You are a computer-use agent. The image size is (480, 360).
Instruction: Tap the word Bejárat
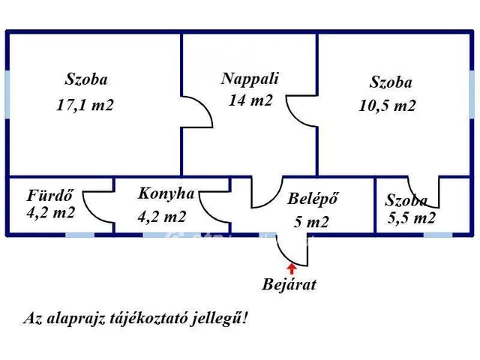(x=289, y=285)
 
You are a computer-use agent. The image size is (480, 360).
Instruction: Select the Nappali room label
(x=250, y=78)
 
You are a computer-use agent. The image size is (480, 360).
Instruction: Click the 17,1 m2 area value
(x=85, y=105)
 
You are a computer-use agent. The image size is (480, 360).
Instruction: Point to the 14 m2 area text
(x=250, y=100)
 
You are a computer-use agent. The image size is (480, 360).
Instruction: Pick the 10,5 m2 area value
(x=387, y=106)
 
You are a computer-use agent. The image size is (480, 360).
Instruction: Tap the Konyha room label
(x=166, y=193)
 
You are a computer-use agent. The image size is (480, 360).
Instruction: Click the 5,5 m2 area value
(x=412, y=218)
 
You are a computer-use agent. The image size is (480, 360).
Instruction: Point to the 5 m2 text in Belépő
(x=312, y=222)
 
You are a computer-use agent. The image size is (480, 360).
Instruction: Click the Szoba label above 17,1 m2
(x=86, y=79)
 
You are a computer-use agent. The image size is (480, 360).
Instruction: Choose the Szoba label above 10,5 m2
(x=391, y=82)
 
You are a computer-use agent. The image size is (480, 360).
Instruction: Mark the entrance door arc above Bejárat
(x=288, y=247)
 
